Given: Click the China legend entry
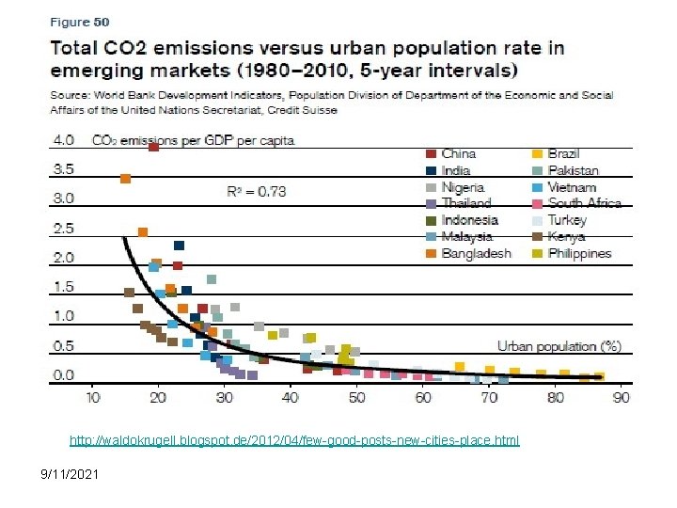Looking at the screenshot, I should pyautogui.click(x=458, y=153).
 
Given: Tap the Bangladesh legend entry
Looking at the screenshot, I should pyautogui.click(x=474, y=253).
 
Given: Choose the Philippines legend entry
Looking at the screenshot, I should pyautogui.click(x=579, y=253).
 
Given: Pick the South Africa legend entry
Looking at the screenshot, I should pyautogui.click(x=584, y=203).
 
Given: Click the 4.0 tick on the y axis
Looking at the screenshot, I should pyautogui.click(x=63, y=140).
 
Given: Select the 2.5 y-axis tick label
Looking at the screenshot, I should pyautogui.click(x=63, y=229).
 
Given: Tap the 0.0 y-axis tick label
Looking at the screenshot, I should pyautogui.click(x=63, y=375).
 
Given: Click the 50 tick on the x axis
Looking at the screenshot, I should pyautogui.click(x=357, y=398).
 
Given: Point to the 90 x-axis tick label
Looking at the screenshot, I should pyautogui.click(x=622, y=398).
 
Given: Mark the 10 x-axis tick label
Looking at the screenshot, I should pyautogui.click(x=92, y=398).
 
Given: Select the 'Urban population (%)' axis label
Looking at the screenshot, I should pyautogui.click(x=559, y=346).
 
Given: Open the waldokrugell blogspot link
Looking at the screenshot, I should pyautogui.click(x=293, y=440).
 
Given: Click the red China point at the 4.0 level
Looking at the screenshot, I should pyautogui.click(x=153, y=146).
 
